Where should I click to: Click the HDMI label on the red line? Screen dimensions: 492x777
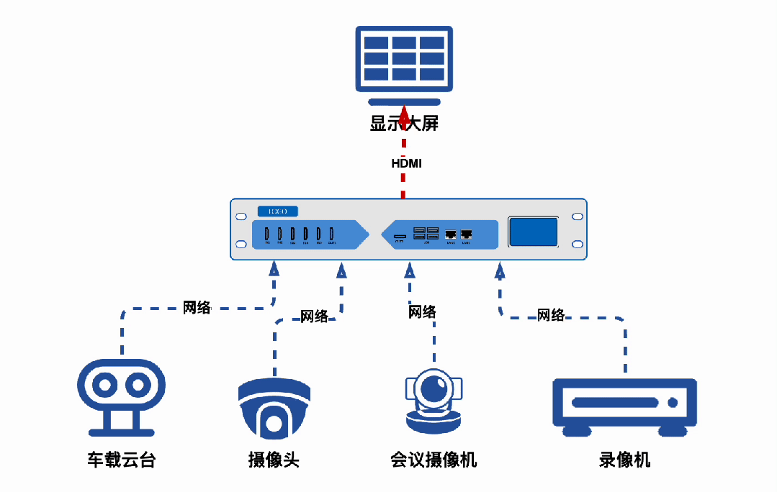pos(406,163)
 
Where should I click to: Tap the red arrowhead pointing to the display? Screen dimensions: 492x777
pos(404,114)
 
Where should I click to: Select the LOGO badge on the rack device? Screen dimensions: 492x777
pos(277,211)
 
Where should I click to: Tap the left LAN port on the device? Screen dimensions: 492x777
pos(451,234)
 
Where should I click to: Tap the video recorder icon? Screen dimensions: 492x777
pos(624,406)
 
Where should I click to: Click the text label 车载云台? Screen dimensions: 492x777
pos(121,460)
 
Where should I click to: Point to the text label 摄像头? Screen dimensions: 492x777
pos(274,460)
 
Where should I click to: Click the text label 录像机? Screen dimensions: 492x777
pos(624,460)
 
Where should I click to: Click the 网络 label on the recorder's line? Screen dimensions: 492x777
pos(551,314)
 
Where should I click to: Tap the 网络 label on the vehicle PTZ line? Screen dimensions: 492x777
pos(197,308)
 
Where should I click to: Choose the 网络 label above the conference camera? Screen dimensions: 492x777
pos(422,311)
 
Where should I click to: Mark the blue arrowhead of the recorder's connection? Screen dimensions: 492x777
pos(499,270)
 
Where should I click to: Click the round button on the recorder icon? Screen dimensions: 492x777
pos(673,403)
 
